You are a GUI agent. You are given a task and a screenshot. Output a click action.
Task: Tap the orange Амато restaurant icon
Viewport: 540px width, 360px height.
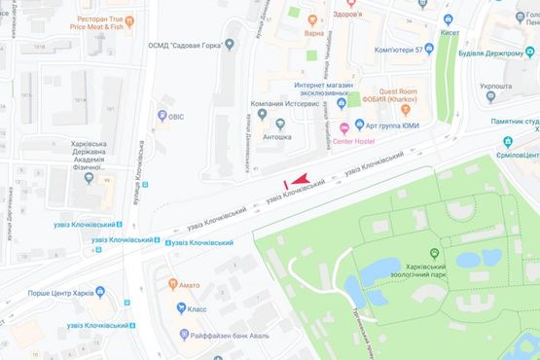click(172, 285)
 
